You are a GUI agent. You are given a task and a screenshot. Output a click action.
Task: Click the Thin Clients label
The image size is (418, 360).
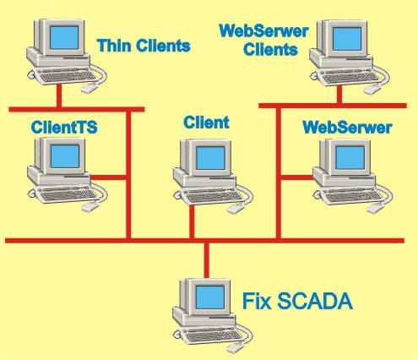tap(144, 46)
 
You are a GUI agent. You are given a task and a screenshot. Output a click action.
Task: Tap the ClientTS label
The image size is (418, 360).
tap(64, 127)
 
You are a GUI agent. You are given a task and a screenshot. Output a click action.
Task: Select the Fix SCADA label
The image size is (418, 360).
tap(297, 301)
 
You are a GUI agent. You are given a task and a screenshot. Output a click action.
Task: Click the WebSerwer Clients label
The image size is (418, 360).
tap(263, 40)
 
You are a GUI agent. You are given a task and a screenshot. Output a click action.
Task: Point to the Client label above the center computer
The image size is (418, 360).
tap(206, 123)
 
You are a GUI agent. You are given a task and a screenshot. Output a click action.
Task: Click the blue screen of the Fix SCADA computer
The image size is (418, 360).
tap(210, 297)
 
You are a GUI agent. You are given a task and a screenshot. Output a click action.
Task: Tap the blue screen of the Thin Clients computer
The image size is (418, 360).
tap(64, 38)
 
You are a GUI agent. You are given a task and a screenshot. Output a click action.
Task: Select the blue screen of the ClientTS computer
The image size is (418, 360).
tap(65, 156)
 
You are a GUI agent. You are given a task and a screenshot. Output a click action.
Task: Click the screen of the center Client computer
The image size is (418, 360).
tap(210, 158)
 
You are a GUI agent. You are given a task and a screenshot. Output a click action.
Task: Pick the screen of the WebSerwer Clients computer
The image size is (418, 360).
tap(347, 39)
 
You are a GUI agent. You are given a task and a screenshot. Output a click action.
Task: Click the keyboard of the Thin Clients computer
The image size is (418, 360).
tap(68, 76)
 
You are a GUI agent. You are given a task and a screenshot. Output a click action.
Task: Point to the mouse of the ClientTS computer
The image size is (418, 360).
tap(90, 207)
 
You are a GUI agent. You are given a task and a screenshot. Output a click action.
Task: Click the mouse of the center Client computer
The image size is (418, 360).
tap(236, 209)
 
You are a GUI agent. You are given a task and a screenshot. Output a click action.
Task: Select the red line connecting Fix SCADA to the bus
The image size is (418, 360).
tap(207, 260)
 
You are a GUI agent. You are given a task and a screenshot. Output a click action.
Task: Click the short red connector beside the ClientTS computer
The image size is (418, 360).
tap(109, 177)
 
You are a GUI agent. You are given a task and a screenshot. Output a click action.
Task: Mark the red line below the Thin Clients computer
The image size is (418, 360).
tap(59, 95)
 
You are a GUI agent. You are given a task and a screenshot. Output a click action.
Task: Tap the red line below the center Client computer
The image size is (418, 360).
tap(192, 221)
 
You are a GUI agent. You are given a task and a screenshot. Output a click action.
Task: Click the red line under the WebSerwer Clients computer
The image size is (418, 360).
tap(339, 95)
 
